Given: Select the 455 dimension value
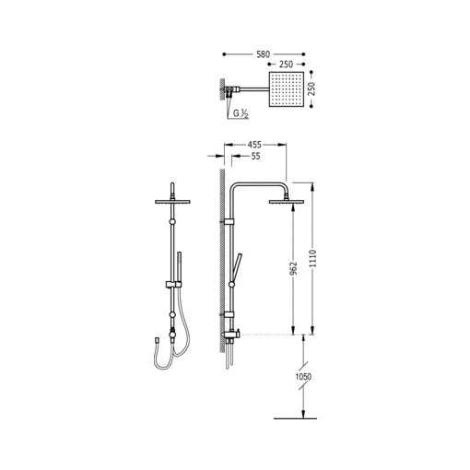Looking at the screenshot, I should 254,144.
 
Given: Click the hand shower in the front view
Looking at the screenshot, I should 177,267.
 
